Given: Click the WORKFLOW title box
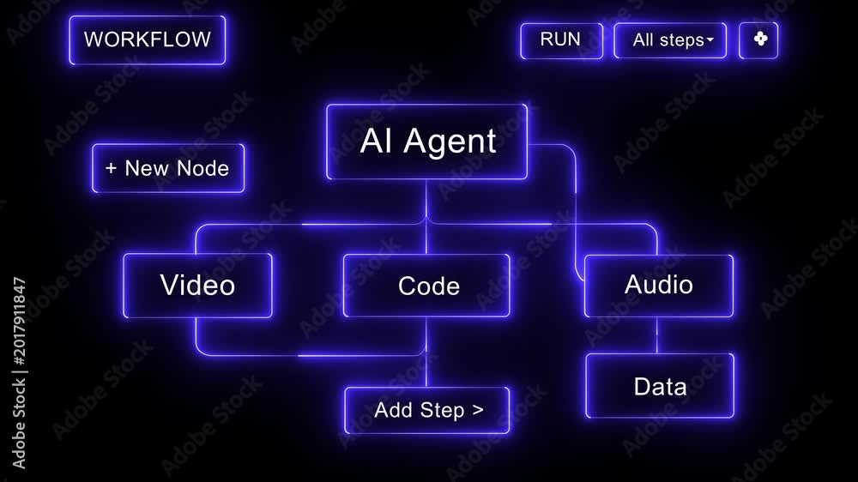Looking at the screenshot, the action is click(x=148, y=40).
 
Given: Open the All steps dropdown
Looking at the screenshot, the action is click(x=670, y=40).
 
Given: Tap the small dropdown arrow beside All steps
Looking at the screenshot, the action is click(x=710, y=39).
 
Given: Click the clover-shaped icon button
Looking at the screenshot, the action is click(x=758, y=40).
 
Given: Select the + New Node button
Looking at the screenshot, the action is click(x=168, y=168).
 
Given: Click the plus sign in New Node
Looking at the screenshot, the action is click(x=111, y=168).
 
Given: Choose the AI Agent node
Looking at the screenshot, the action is click(x=426, y=142).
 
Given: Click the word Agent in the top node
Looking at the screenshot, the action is click(x=450, y=142).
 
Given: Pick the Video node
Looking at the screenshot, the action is click(x=197, y=285).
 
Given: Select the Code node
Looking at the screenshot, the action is click(x=426, y=286).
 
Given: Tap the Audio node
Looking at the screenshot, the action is click(x=659, y=286).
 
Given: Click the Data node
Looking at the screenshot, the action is click(x=660, y=386).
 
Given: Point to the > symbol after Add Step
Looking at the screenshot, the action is click(x=478, y=409).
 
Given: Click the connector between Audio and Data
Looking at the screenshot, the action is click(x=657, y=335).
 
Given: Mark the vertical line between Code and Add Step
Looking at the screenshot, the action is click(x=426, y=352).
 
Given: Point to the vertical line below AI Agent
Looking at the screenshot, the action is click(x=426, y=217).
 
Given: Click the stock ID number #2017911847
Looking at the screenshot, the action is click(x=19, y=321).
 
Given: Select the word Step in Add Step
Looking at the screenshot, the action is click(x=442, y=410).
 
